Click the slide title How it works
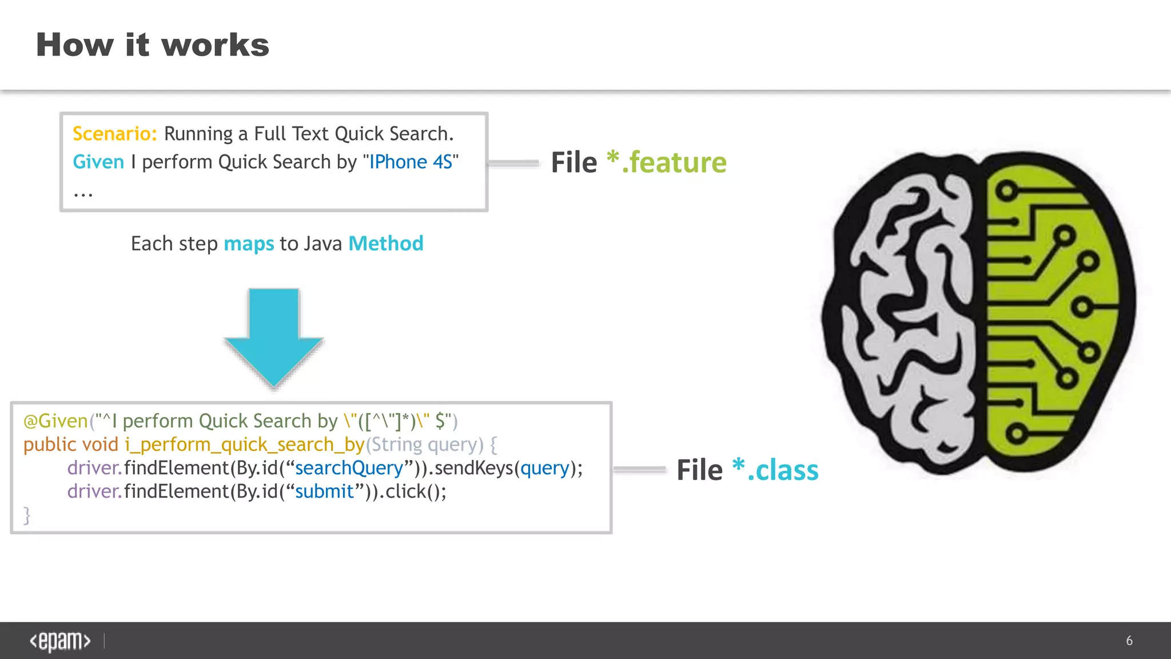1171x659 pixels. point(153,45)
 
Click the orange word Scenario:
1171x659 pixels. point(114,134)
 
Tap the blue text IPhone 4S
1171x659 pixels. point(411,162)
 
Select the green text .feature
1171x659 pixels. point(674,162)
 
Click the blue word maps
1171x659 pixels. point(249,244)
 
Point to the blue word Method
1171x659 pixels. point(386,244)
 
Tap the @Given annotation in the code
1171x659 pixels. point(55,421)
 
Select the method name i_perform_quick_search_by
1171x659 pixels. point(245,444)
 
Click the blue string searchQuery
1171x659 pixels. point(349,468)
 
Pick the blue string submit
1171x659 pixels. point(324,491)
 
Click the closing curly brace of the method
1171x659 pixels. point(27,515)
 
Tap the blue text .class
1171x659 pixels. point(783,470)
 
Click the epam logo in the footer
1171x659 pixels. point(60,641)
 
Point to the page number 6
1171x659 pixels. point(1129,641)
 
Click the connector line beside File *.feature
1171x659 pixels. point(513,164)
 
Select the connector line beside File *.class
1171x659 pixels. point(639,470)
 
